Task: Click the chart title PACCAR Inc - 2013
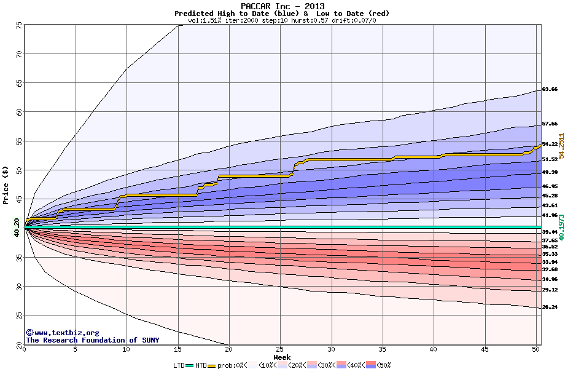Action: click(x=282, y=6)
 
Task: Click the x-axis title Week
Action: click(x=282, y=357)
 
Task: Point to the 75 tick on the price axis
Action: click(x=19, y=25)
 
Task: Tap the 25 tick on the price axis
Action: click(x=19, y=315)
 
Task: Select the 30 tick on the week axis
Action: click(x=332, y=350)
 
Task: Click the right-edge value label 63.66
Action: click(x=550, y=89)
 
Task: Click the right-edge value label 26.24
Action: click(x=550, y=307)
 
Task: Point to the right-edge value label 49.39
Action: click(x=550, y=172)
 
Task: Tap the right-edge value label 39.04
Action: click(x=550, y=232)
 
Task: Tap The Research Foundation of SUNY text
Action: click(x=92, y=340)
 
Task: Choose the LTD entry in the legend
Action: click(x=179, y=365)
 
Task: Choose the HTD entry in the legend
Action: click(x=201, y=365)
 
